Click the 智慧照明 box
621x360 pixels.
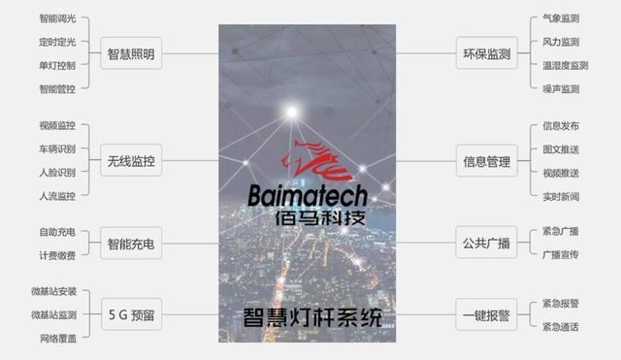point(130,54)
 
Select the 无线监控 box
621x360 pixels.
point(130,161)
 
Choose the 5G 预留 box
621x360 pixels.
point(130,313)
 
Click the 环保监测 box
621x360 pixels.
point(485,54)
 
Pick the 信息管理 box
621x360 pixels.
point(485,161)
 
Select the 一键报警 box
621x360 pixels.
point(485,313)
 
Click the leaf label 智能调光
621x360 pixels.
point(57,18)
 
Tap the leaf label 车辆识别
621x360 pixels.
point(57,148)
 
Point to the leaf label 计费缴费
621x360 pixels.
point(57,255)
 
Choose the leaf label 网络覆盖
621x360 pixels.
point(57,338)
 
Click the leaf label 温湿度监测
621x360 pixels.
point(566,66)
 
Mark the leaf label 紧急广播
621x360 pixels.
point(561,232)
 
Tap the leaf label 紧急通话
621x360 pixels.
point(561,327)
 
